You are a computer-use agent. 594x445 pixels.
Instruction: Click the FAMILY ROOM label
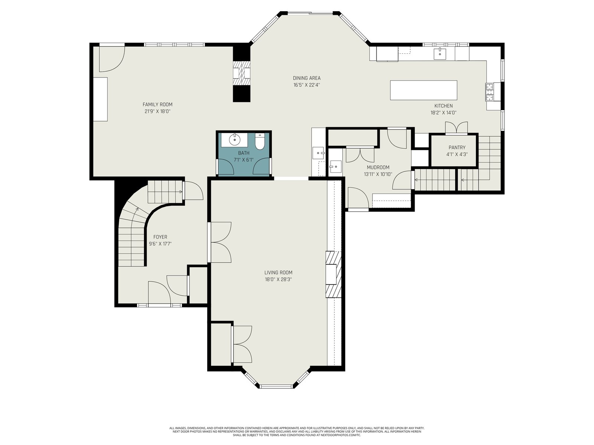pyautogui.click(x=157, y=105)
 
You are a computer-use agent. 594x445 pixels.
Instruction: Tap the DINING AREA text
pyautogui.click(x=307, y=78)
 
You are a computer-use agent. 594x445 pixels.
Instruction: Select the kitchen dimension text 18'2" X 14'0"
pyautogui.click(x=443, y=113)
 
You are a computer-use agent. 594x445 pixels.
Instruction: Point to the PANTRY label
pyautogui.click(x=457, y=148)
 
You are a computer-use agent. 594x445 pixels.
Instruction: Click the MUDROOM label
pyautogui.click(x=378, y=167)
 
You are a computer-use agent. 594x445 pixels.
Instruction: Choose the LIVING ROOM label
pyautogui.click(x=278, y=273)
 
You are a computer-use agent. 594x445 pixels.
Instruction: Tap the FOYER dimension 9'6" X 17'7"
pyautogui.click(x=160, y=244)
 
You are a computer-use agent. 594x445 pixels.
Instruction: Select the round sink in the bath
pyautogui.click(x=234, y=140)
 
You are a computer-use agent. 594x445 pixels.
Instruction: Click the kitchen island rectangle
pyautogui.click(x=424, y=90)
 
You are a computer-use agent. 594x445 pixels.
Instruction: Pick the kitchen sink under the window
pyautogui.click(x=440, y=53)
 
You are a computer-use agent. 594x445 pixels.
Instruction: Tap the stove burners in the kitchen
pyautogui.click(x=489, y=92)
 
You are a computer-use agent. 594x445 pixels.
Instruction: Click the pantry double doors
pyautogui.click(x=456, y=128)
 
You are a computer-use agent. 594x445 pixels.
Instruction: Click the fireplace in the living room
pyautogui.click(x=333, y=274)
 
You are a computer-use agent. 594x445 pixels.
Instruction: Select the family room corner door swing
pyautogui.click(x=112, y=59)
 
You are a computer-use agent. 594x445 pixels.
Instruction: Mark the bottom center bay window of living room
pyautogui.click(x=276, y=386)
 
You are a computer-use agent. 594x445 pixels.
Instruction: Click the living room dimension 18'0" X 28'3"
pyautogui.click(x=278, y=279)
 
